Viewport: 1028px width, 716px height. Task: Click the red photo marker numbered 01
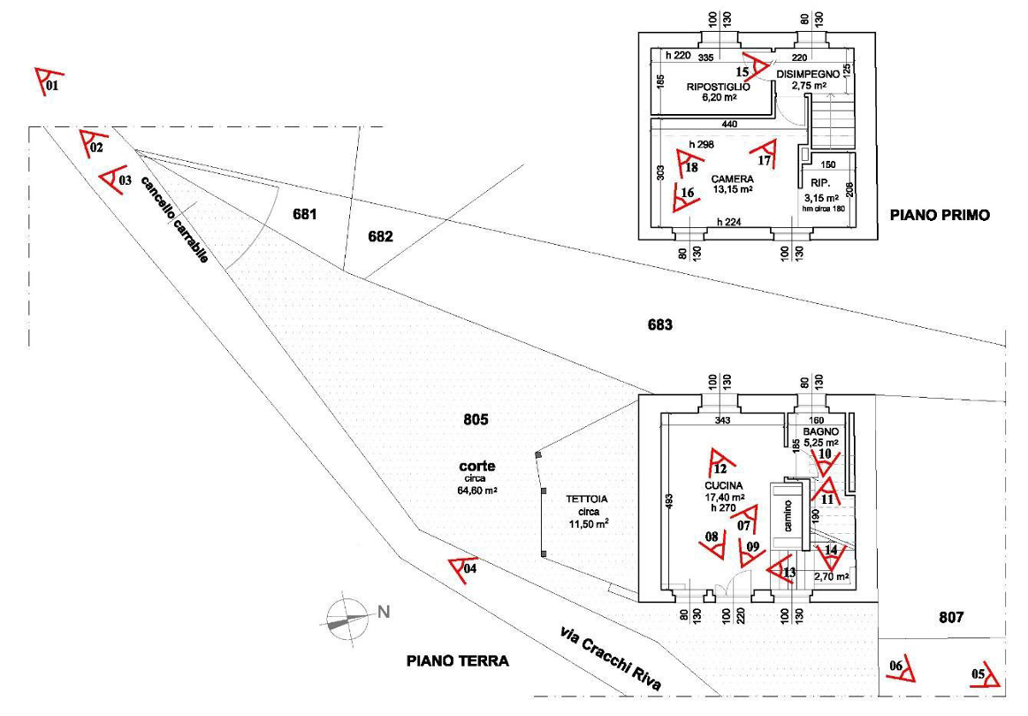point(47,80)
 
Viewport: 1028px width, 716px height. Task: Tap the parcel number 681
point(304,215)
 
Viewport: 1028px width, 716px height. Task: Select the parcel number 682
point(381,236)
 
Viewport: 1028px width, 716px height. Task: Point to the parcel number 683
point(659,325)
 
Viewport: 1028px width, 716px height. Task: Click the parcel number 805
point(476,420)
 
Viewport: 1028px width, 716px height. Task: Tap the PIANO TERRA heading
point(457,660)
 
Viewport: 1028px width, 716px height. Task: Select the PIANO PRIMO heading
point(939,215)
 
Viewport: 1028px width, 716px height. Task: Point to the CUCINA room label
point(723,486)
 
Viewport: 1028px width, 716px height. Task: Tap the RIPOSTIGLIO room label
point(719,88)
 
